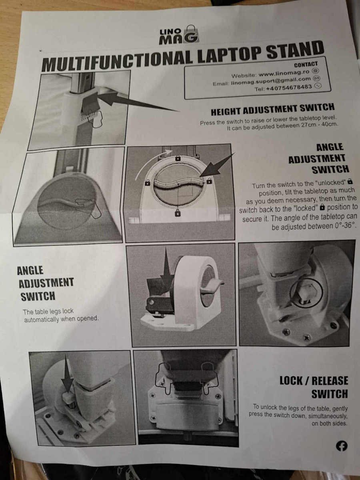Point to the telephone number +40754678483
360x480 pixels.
point(289,88)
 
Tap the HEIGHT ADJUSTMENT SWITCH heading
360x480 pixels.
point(272,109)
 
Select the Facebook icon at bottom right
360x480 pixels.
point(341,446)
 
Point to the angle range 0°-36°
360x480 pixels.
point(344,226)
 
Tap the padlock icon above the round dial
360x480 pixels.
point(178,158)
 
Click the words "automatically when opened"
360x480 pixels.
point(62,319)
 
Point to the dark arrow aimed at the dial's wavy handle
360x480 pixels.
point(217,165)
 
